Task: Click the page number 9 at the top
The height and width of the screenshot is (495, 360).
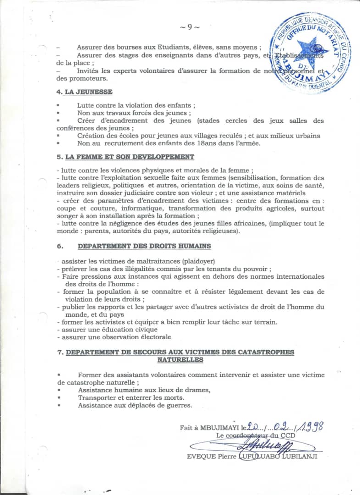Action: pyautogui.click(x=189, y=27)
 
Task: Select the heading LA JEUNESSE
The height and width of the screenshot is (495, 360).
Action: pyautogui.click(x=89, y=92)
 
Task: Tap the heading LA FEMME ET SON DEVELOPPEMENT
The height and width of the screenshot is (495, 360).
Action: pyautogui.click(x=129, y=157)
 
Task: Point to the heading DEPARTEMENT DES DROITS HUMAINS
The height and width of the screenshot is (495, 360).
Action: pyautogui.click(x=144, y=246)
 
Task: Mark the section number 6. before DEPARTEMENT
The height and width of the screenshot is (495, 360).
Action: pyautogui.click(x=60, y=246)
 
